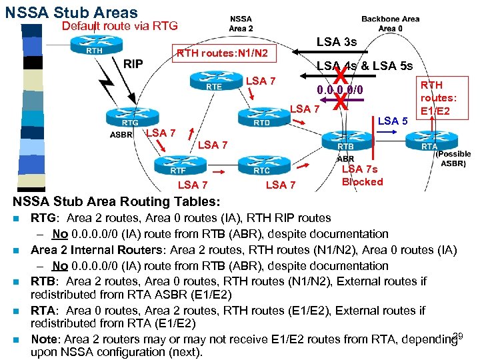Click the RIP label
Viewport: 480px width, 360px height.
[x=133, y=64]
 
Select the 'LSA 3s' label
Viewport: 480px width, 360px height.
[x=337, y=42]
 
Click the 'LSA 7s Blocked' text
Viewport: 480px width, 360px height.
[x=362, y=175]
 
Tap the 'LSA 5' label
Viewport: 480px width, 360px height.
[x=393, y=121]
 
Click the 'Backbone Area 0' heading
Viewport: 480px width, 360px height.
[x=390, y=23]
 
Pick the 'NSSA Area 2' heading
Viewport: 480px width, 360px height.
[x=241, y=23]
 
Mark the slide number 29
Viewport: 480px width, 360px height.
[x=457, y=335]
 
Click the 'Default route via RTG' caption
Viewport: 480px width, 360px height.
[x=119, y=26]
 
